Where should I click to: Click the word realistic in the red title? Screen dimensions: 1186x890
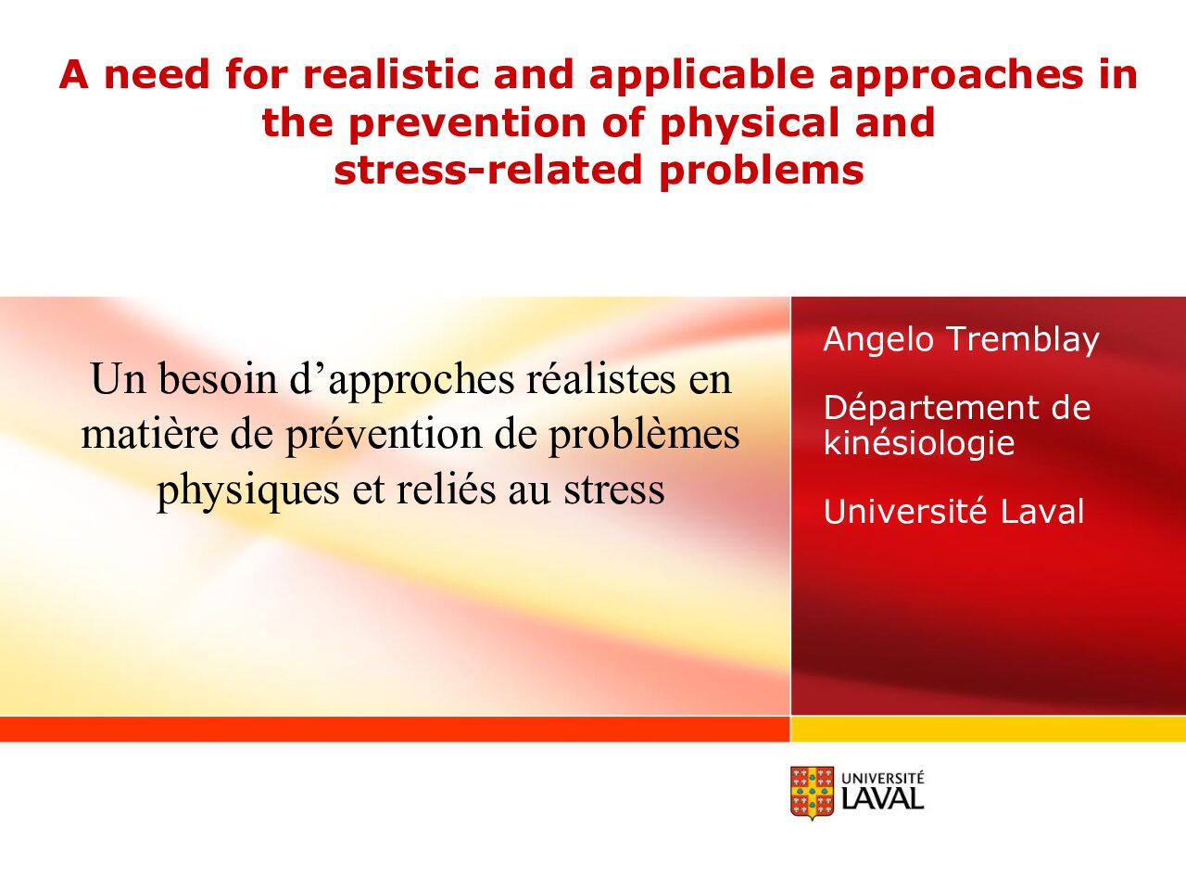[391, 74]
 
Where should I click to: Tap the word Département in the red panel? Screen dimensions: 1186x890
[931, 410]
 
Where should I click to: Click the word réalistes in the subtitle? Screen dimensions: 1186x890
[600, 379]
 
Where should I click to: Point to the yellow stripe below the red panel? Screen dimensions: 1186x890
[989, 730]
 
